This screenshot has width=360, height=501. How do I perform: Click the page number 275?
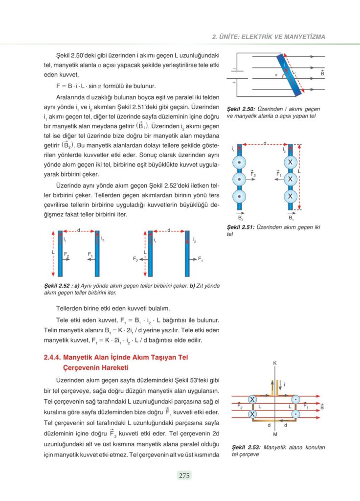pyautogui.click(x=184, y=475)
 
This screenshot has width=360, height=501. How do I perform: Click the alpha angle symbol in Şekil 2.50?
pyautogui.click(x=276, y=75)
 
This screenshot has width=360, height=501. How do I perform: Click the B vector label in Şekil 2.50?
pyautogui.click(x=322, y=73)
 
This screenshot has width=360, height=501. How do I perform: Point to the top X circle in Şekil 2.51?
pyautogui.click(x=291, y=162)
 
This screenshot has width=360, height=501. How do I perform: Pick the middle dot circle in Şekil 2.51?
pyautogui.click(x=239, y=179)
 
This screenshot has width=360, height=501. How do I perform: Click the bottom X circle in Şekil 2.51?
pyautogui.click(x=291, y=196)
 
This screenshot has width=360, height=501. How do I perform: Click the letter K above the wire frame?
pyautogui.click(x=275, y=363)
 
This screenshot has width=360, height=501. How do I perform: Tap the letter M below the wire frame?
pyautogui.click(x=275, y=434)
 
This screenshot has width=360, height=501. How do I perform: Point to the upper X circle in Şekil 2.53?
pyautogui.click(x=252, y=400)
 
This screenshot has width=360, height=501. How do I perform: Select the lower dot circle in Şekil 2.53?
pyautogui.click(x=295, y=414)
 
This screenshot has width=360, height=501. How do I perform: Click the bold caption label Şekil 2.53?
pyautogui.click(x=247, y=447)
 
